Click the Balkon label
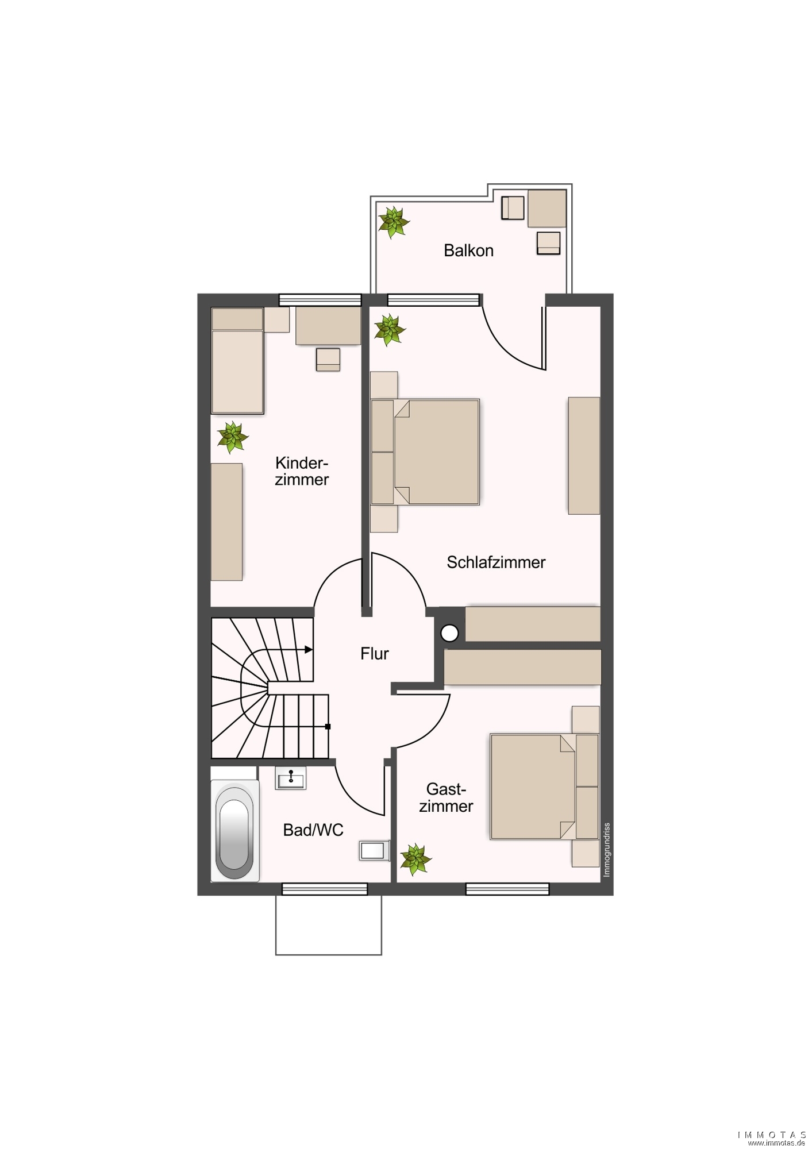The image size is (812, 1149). [x=468, y=250]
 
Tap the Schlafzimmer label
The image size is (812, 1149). [x=496, y=562]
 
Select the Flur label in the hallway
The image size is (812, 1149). [x=375, y=653]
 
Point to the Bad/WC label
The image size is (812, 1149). [x=313, y=830]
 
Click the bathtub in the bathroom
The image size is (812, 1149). [x=235, y=830]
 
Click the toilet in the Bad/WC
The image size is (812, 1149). [x=374, y=850]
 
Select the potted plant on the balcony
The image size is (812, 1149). [x=394, y=222]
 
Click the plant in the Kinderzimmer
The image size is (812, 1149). [x=232, y=437]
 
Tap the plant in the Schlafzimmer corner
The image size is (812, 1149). [x=389, y=330]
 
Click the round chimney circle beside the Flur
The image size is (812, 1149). [x=449, y=633]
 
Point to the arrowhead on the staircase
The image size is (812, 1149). [x=309, y=650]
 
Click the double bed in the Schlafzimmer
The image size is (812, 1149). [x=425, y=452]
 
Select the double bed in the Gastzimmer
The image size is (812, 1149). [x=545, y=786]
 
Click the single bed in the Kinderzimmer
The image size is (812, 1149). [x=237, y=361]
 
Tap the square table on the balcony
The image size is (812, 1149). [x=547, y=208]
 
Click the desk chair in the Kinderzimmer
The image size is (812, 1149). [x=328, y=360]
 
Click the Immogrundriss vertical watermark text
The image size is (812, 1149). [x=607, y=850]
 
